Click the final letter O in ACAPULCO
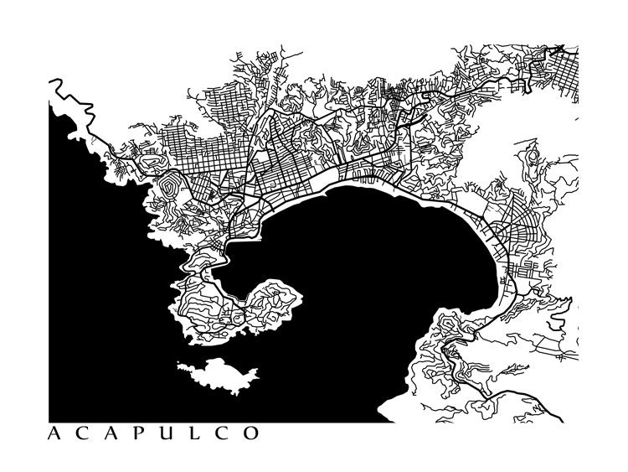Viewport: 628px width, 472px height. pos(250,434)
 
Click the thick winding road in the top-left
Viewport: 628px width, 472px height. pos(67,92)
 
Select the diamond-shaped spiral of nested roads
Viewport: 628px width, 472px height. pos(171,185)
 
